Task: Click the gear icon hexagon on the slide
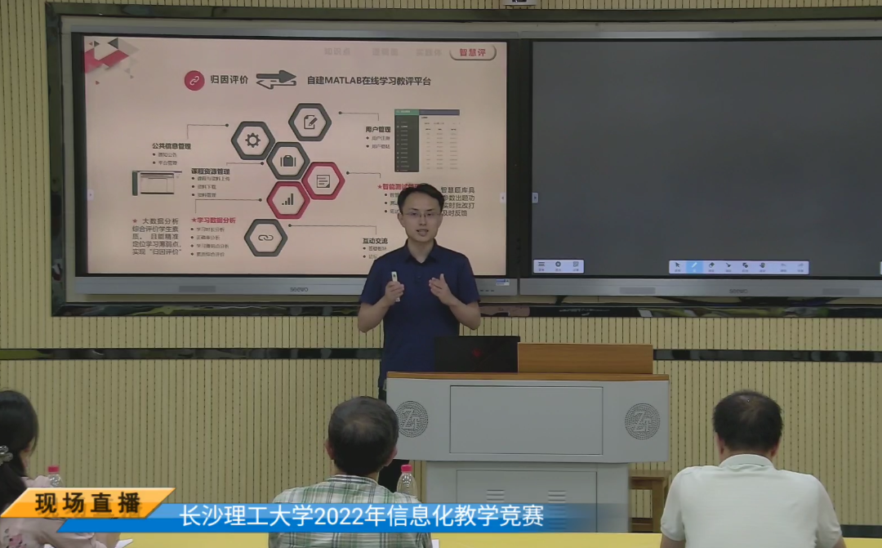(252, 140)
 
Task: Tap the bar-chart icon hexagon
(288, 198)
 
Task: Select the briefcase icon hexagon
(287, 160)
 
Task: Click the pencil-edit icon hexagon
(310, 122)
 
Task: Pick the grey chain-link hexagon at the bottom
(265, 238)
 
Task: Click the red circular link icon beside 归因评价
(194, 80)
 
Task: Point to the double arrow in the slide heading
(276, 79)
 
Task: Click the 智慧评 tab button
(472, 52)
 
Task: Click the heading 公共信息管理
(171, 146)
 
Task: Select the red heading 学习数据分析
(214, 221)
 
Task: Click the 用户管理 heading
(380, 129)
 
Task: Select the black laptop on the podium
(477, 354)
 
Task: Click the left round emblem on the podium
(412, 419)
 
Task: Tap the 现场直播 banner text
(88, 503)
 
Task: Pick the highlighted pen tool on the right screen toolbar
(693, 267)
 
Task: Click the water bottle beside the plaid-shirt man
(406, 482)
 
